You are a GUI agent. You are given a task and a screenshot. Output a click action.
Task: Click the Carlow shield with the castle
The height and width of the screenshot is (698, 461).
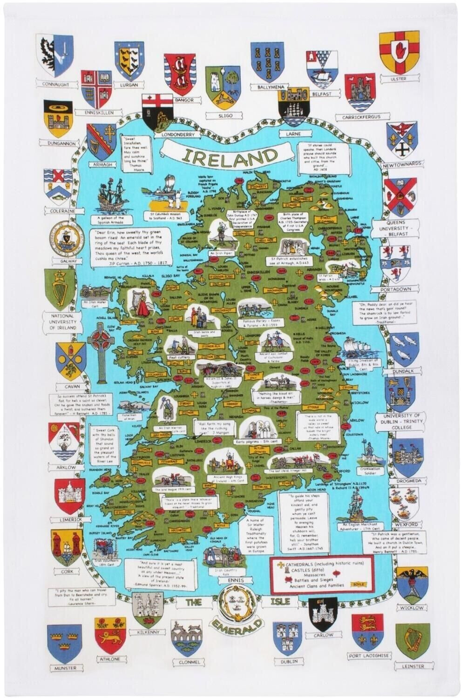click(323, 610)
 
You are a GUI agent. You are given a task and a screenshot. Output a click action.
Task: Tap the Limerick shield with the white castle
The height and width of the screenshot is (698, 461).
click(69, 483)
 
